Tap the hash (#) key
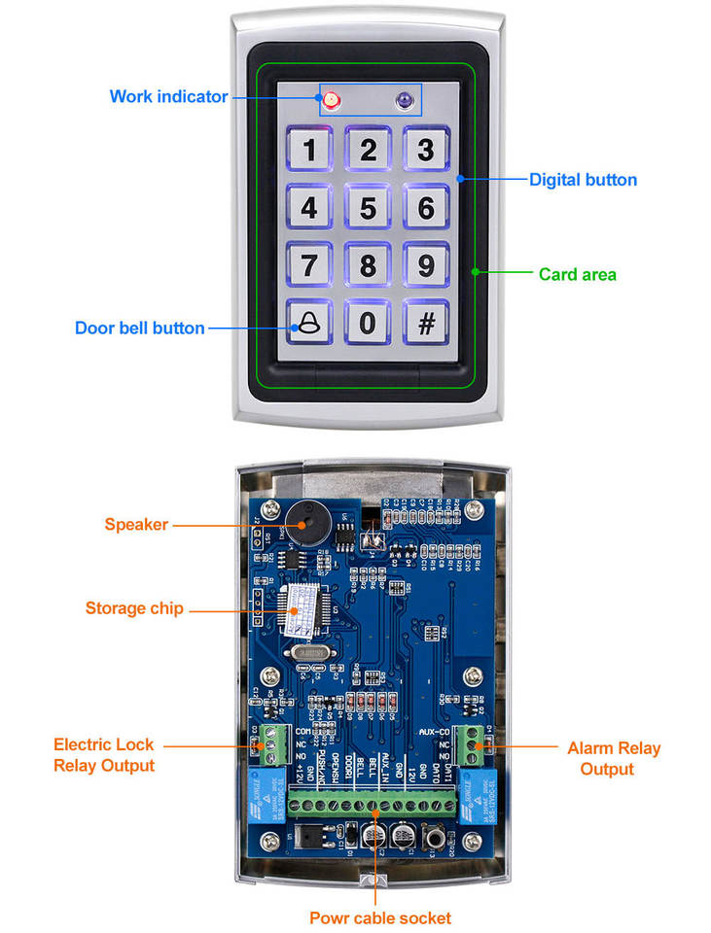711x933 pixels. click(425, 323)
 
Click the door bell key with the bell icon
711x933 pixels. click(309, 323)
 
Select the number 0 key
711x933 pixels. click(368, 323)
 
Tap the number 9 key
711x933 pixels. click(425, 265)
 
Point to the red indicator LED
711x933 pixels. click(330, 99)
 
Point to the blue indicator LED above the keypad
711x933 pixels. click(404, 99)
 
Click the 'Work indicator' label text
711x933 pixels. click(168, 96)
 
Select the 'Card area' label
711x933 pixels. click(578, 274)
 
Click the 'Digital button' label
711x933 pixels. click(583, 180)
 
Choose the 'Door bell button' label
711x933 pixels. click(140, 328)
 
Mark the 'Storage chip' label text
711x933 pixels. click(134, 608)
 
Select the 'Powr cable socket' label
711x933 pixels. click(379, 917)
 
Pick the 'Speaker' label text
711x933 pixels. click(136, 525)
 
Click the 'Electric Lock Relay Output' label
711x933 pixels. click(104, 755)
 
